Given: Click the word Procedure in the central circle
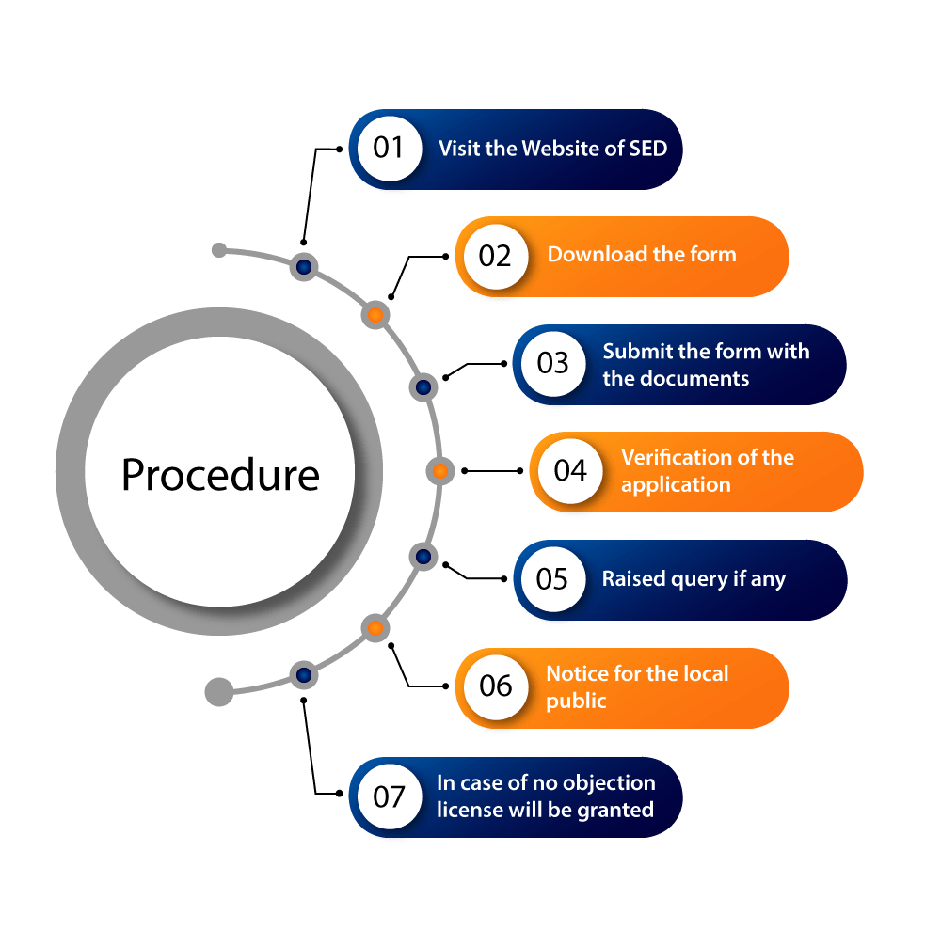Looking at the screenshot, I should pos(220,475).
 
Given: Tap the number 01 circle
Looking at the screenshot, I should pos(389,149).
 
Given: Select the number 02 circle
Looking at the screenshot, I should pos(495,256).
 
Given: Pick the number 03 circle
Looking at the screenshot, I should pos(553,364).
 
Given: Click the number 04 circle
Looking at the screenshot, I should pos(570,471).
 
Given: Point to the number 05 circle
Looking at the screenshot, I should pos(553,578).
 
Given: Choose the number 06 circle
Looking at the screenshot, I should pos(495,686).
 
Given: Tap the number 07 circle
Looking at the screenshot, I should pos(389,796).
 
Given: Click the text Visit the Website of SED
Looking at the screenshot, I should pos(552,149).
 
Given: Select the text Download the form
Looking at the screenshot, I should pos(642,255).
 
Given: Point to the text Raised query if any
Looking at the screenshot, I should pos(694,579).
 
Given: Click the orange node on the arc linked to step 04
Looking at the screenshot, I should pos(439,470).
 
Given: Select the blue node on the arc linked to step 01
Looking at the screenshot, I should pos(303,267).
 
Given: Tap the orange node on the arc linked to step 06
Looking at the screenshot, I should pos(375,627).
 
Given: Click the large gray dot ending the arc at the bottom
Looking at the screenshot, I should pos(219,692).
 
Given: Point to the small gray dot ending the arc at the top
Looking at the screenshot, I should pos(219,250).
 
